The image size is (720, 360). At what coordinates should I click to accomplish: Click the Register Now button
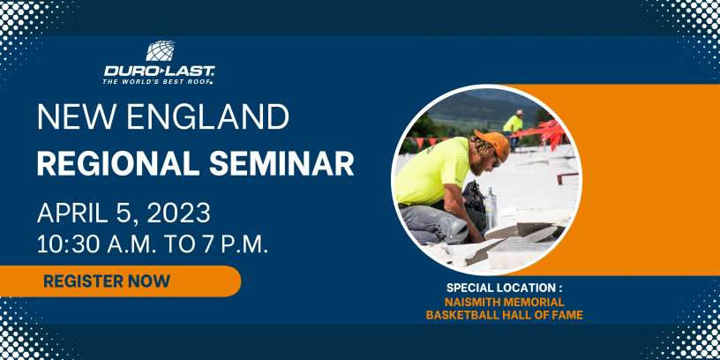coord(120,281)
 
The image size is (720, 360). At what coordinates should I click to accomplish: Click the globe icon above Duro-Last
coord(161,50)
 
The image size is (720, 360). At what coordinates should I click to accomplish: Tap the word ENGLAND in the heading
coord(207,116)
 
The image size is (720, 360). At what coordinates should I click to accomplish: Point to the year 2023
coord(178,213)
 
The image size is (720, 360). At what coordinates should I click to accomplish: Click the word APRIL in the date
coord(75,213)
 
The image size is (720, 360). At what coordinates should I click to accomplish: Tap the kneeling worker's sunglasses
coord(497,161)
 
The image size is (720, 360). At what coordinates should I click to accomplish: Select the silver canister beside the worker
coord(491,208)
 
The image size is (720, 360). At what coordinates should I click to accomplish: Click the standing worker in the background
coord(513,127)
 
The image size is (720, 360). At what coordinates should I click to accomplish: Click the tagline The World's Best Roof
coord(158,82)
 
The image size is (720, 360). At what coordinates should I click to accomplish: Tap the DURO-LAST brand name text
coord(159,71)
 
